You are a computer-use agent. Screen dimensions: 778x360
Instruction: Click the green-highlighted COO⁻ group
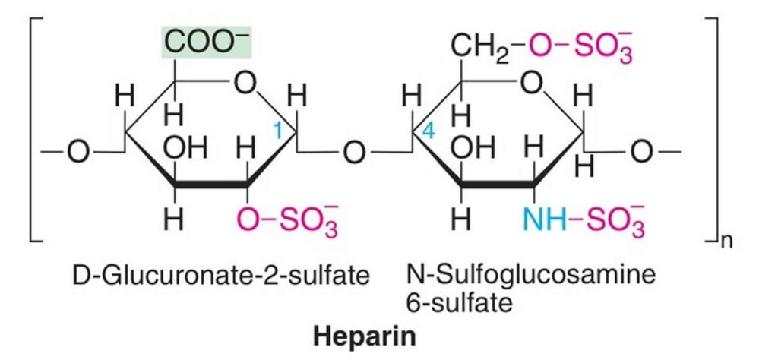pos(207,43)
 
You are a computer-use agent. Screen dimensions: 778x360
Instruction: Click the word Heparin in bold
pos(365,336)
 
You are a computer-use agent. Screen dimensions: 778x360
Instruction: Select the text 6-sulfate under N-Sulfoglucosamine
pos(458,302)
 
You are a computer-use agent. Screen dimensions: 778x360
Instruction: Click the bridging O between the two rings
pos(353,153)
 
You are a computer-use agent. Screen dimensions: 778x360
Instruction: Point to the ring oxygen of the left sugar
pos(245,85)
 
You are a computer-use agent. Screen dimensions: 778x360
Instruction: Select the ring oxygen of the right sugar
pos(531,85)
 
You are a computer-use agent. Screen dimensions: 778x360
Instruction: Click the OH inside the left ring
pos(185,147)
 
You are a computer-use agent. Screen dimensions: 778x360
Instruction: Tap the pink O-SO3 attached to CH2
pos(581,47)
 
